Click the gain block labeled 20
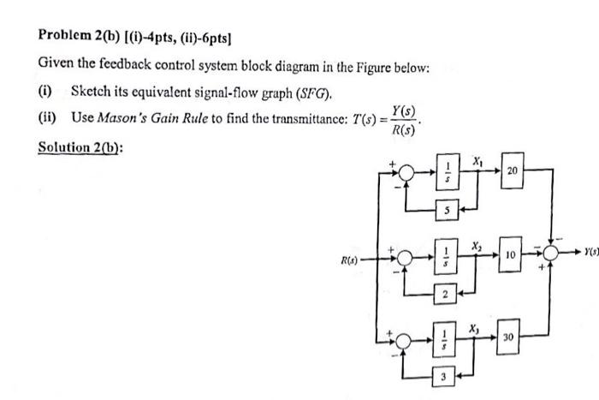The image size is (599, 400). (513, 170)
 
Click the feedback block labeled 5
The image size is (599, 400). (446, 208)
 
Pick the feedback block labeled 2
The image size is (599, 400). (446, 294)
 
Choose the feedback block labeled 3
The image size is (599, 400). (446, 377)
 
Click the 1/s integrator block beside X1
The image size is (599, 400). (446, 170)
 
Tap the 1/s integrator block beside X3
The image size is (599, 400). (446, 339)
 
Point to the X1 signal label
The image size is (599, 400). (477, 160)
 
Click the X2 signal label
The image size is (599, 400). (476, 245)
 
